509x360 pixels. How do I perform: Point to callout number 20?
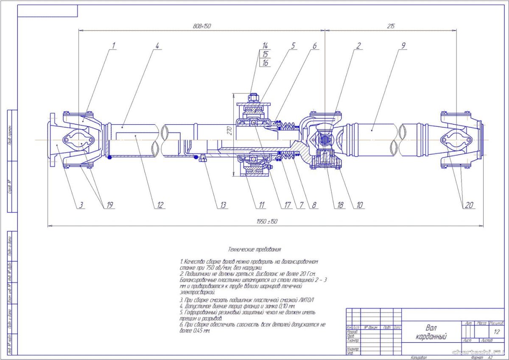coord(469,205)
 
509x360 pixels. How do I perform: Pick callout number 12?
coord(160,205)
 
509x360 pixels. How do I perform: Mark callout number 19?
coord(110,205)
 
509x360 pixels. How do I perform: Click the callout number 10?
coord(360,205)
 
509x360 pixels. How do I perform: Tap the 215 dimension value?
coord(391,26)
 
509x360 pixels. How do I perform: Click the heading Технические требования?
coord(255,250)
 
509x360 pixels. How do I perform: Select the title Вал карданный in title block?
coord(431,332)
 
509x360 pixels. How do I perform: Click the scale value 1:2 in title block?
coord(497,332)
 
